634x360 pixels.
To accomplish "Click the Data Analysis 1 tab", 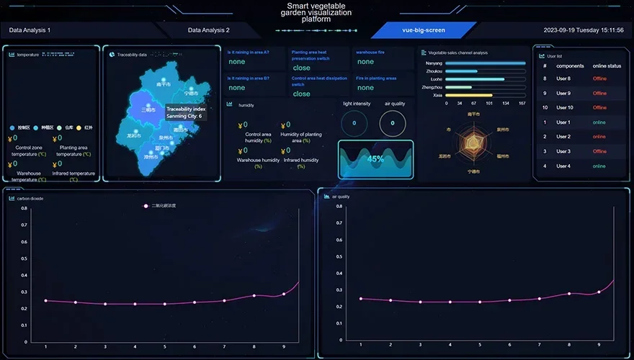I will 30,30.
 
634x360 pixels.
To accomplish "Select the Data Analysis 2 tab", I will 208,30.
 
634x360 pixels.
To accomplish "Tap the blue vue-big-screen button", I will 424,30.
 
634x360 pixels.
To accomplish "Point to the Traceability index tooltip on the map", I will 186,112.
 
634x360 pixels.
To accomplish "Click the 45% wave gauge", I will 375,158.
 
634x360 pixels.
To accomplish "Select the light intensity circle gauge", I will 354,123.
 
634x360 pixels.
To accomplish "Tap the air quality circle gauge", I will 392,123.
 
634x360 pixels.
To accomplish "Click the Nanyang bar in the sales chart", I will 485,63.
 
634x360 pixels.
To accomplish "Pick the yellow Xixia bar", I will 468,95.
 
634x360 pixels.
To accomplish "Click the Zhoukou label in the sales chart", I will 434,71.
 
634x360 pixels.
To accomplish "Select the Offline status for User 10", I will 599,108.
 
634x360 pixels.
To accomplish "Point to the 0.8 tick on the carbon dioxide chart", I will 24,208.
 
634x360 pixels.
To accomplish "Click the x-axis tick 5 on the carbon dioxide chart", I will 164,347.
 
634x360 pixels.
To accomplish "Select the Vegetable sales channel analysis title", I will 458,53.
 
